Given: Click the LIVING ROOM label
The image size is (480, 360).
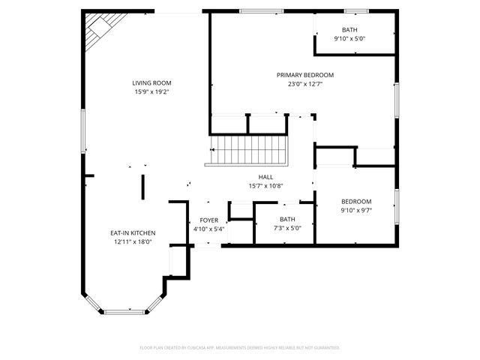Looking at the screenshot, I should (x=151, y=82).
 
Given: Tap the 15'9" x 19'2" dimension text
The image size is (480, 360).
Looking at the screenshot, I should (x=151, y=91).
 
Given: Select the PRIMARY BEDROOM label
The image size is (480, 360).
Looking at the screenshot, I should (x=304, y=75).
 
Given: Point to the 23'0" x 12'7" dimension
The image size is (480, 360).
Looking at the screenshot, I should (x=304, y=84).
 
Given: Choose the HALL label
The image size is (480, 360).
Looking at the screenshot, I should (x=265, y=177).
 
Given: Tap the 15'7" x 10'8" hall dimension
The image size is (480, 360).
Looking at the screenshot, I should (x=265, y=186).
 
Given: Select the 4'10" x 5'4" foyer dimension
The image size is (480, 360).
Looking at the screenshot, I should (x=208, y=229).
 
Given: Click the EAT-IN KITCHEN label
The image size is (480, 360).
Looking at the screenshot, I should (x=132, y=233).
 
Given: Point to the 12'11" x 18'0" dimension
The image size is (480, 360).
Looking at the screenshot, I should (x=132, y=242).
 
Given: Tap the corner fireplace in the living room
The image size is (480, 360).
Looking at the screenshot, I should (x=97, y=31).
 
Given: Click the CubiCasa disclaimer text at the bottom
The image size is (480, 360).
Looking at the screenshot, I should (x=240, y=348).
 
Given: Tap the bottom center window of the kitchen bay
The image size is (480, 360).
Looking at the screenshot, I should (x=124, y=311).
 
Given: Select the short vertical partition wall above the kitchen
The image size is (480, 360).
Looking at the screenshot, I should (x=142, y=186).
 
